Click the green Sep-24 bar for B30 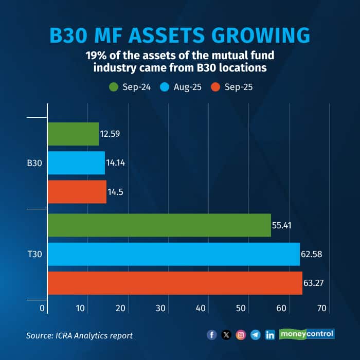pyautogui.click(x=73, y=134)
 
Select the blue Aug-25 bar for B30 pyautogui.click(x=76, y=163)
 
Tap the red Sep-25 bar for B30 pyautogui.click(x=77, y=192)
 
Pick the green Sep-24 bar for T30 pyautogui.click(x=159, y=225)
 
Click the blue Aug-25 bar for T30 pyautogui.click(x=173, y=254)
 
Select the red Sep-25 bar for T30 pyautogui.click(x=175, y=283)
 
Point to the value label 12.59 pyautogui.click(x=111, y=134)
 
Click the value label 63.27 pyautogui.click(x=315, y=283)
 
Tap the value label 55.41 pyautogui.click(x=283, y=225)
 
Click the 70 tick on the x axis pyautogui.click(x=322, y=308)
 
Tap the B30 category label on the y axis pyautogui.click(x=34, y=164)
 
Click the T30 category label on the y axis pyautogui.click(x=34, y=255)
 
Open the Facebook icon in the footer pyautogui.click(x=212, y=335)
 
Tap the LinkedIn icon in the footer pyautogui.click(x=270, y=335)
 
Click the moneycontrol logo pyautogui.click(x=307, y=334)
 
